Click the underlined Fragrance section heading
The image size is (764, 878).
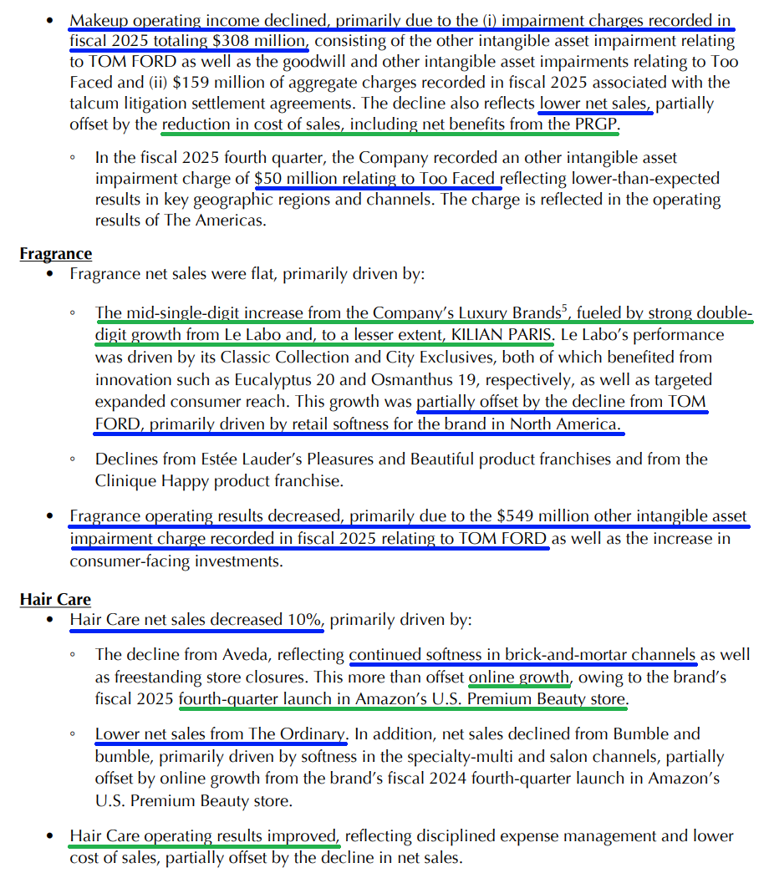(x=55, y=254)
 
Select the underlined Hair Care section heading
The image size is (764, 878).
(x=55, y=599)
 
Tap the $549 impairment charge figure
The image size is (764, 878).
(x=515, y=516)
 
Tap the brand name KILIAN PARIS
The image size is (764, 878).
(x=500, y=336)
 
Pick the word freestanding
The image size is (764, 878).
(x=142, y=676)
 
